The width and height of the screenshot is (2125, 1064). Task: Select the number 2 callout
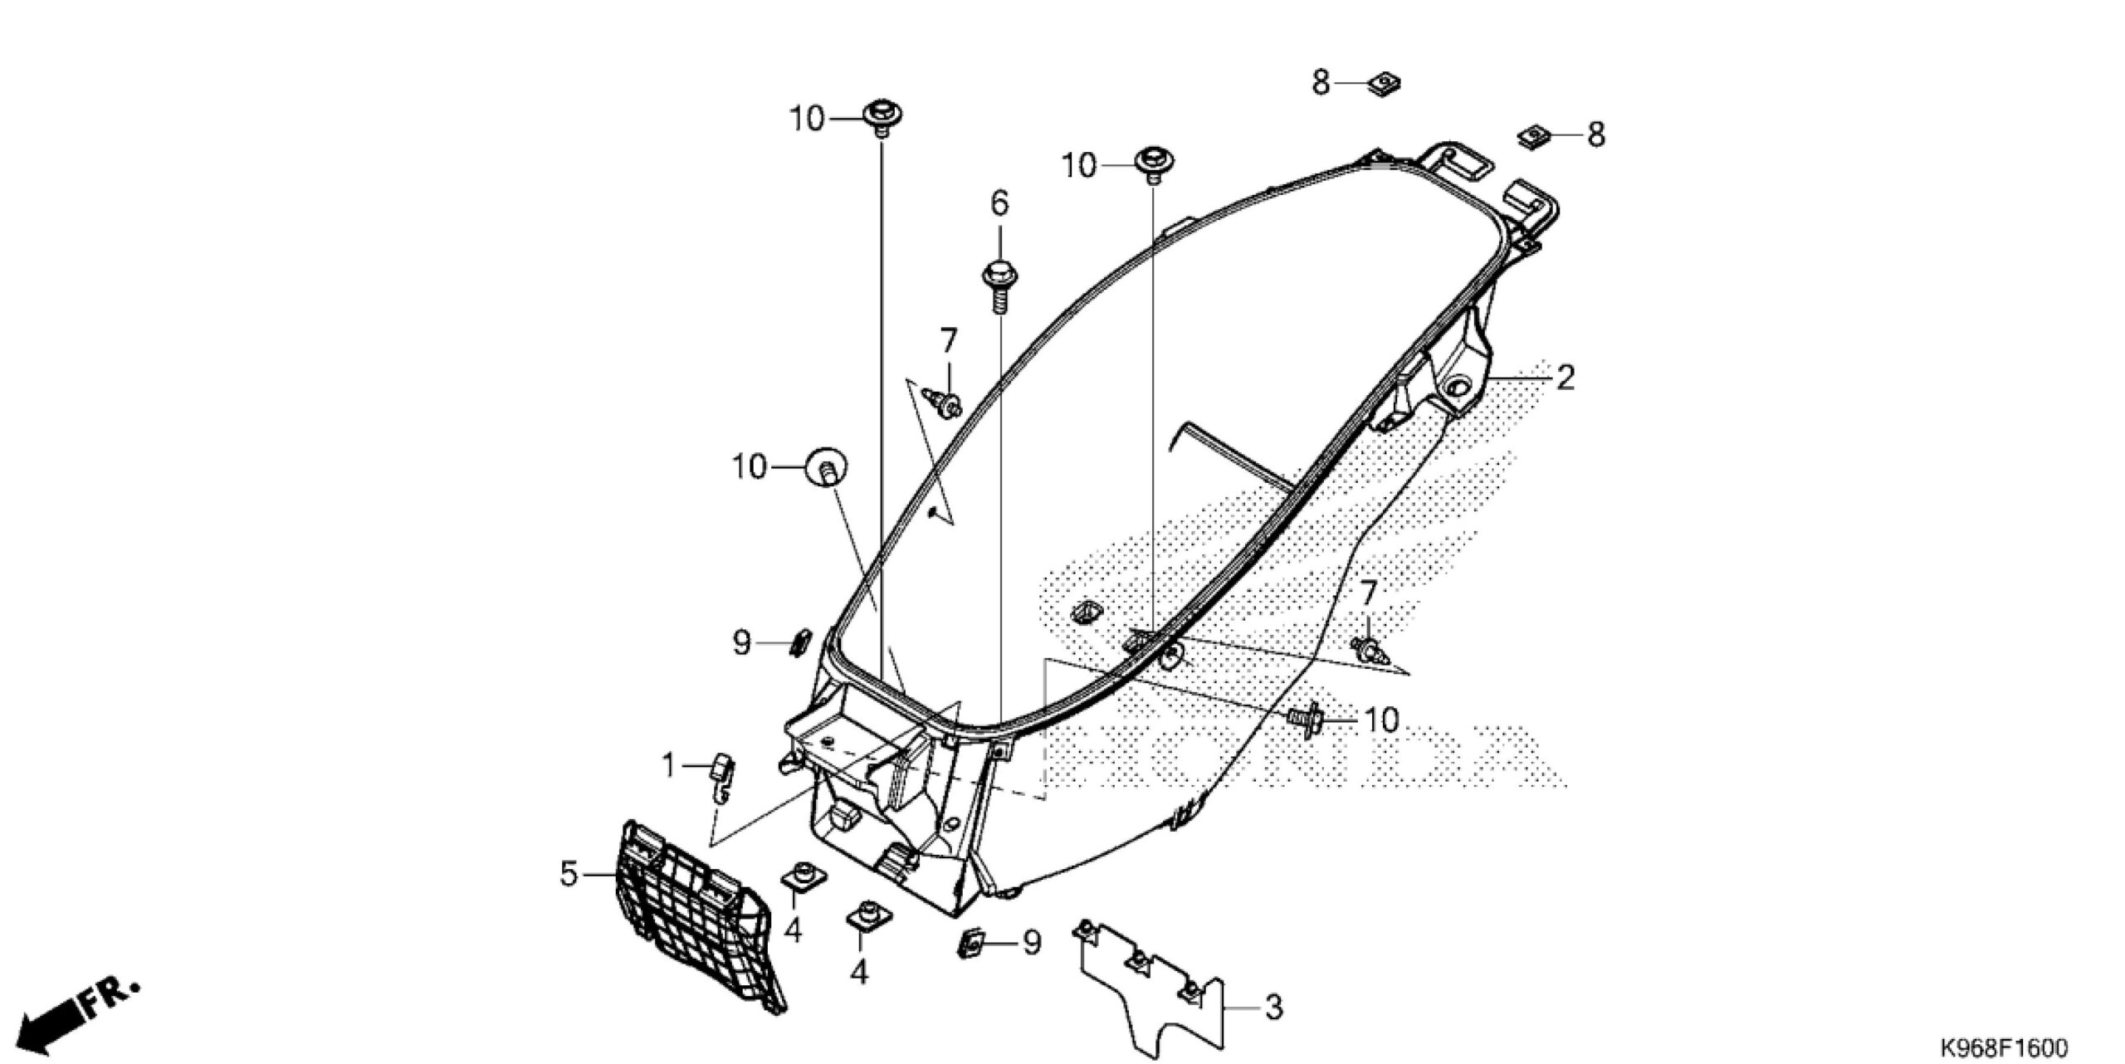click(1564, 378)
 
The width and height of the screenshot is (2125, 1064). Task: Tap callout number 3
click(1274, 1007)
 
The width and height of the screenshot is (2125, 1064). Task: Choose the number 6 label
click(999, 202)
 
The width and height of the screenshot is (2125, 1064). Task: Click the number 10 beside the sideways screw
click(1382, 720)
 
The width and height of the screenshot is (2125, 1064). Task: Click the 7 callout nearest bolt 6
click(948, 339)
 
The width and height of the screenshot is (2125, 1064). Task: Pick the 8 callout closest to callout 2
click(1595, 134)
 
